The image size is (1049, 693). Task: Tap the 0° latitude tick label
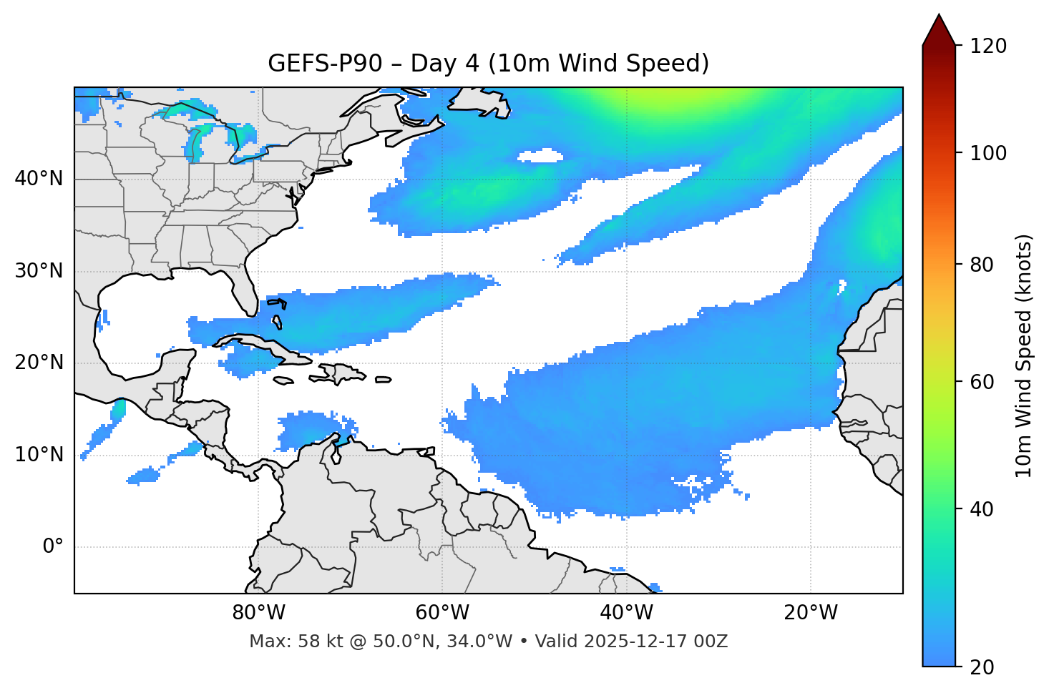(x=54, y=547)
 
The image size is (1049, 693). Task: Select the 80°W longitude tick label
(x=258, y=613)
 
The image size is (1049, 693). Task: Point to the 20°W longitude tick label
(x=811, y=613)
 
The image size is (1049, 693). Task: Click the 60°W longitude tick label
(x=441, y=613)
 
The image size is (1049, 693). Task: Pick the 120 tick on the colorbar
(x=989, y=46)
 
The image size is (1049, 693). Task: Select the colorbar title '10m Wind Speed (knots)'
(x=1024, y=355)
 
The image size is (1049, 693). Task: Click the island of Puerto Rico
(x=384, y=380)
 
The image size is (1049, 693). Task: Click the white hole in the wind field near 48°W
(x=540, y=155)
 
